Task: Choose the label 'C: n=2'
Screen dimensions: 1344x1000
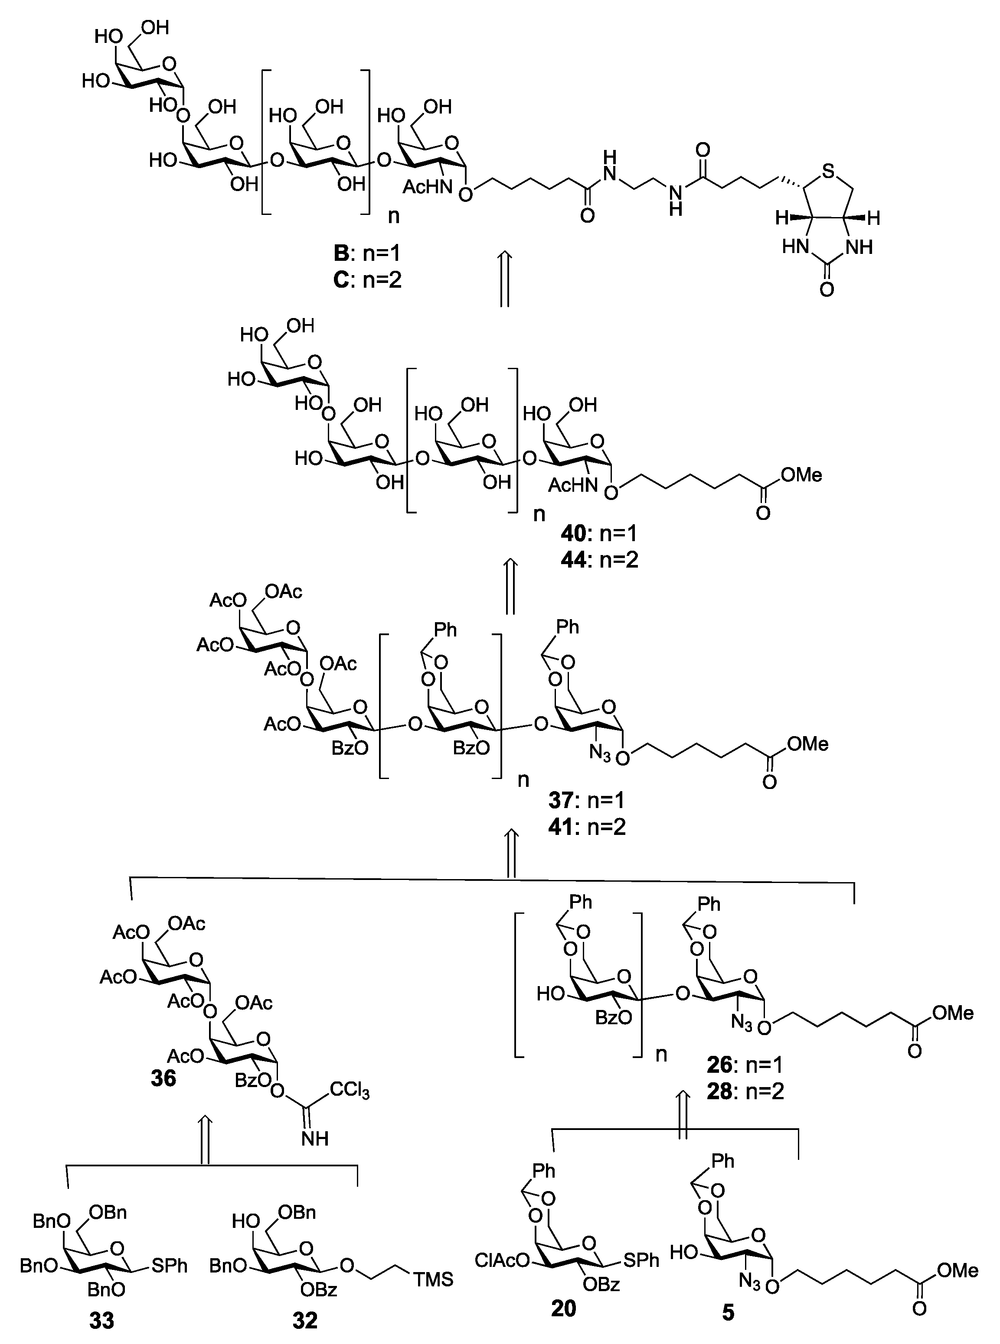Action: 367,280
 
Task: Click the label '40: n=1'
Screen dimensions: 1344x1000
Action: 599,533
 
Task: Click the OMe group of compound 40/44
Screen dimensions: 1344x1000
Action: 801,475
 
